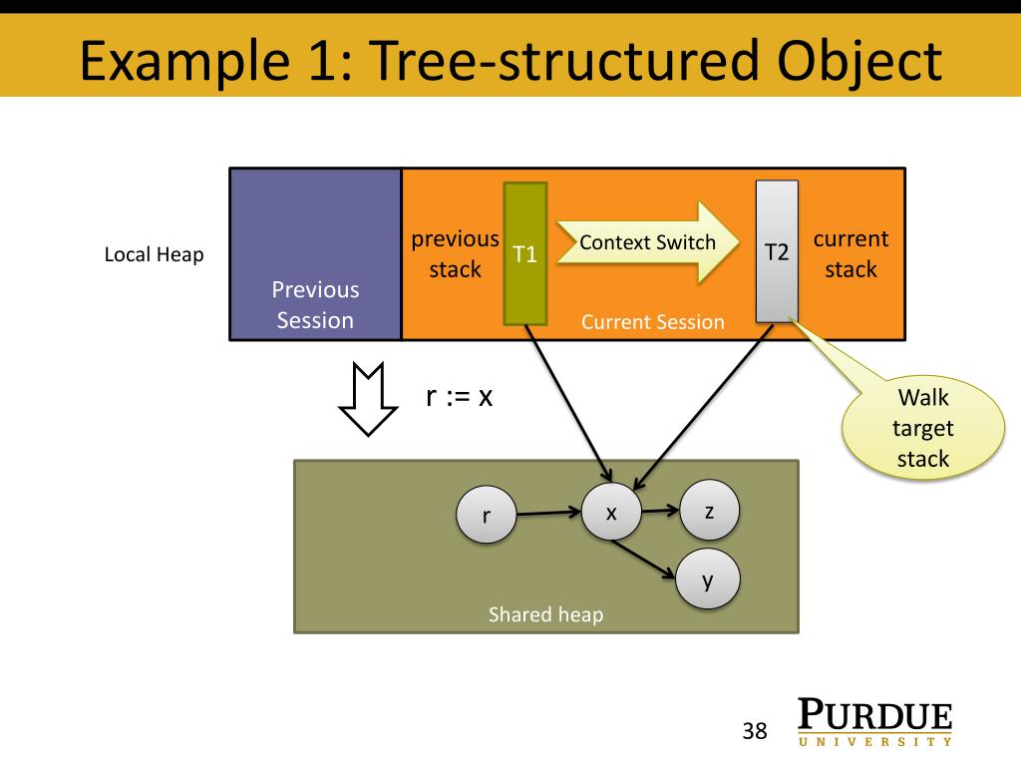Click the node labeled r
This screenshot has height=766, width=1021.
pyautogui.click(x=487, y=515)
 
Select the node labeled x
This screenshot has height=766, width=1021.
pyautogui.click(x=611, y=512)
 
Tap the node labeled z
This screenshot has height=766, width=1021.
pyautogui.click(x=709, y=510)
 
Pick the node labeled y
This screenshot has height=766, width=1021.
pyautogui.click(x=708, y=579)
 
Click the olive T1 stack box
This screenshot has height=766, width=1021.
pyautogui.click(x=524, y=253)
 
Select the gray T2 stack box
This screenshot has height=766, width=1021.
pyautogui.click(x=777, y=251)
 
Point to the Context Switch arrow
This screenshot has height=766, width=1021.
pyautogui.click(x=648, y=242)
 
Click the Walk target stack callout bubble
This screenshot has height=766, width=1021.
pyautogui.click(x=922, y=428)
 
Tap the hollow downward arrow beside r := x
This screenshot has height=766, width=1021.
pyautogui.click(x=368, y=399)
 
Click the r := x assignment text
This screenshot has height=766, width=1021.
pyautogui.click(x=459, y=395)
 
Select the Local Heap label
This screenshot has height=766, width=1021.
pyautogui.click(x=154, y=254)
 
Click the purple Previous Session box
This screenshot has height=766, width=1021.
pyautogui.click(x=315, y=254)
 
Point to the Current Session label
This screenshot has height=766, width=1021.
pyautogui.click(x=652, y=322)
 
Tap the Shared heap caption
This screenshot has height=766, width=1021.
pyautogui.click(x=545, y=614)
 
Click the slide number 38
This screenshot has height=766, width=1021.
pyautogui.click(x=755, y=731)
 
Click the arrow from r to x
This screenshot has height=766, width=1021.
pyautogui.click(x=549, y=513)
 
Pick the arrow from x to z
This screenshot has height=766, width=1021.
pyautogui.click(x=660, y=511)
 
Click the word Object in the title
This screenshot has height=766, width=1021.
pyautogui.click(x=859, y=61)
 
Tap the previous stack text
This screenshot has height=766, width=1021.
pyautogui.click(x=455, y=254)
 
